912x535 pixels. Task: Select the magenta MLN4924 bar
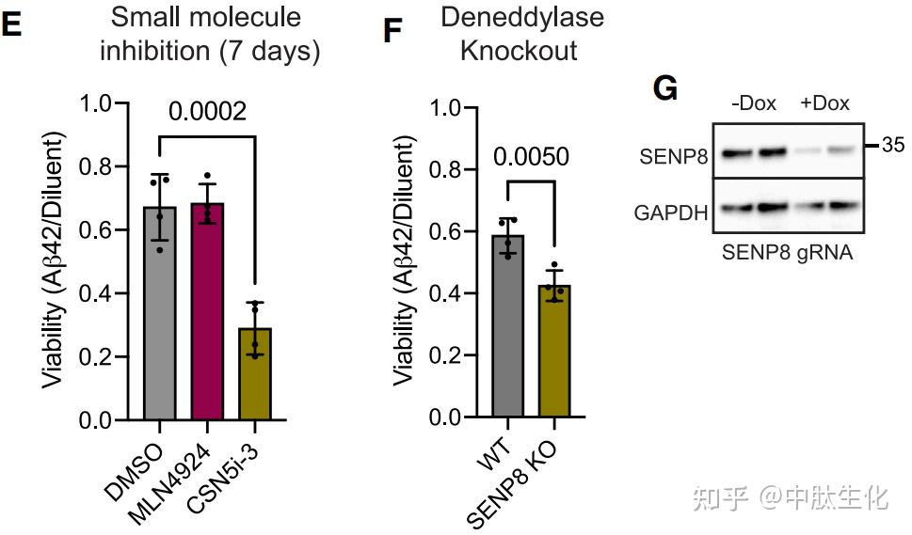pyautogui.click(x=206, y=311)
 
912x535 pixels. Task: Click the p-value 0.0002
pyautogui.click(x=207, y=112)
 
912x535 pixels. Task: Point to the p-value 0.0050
pyautogui.click(x=532, y=156)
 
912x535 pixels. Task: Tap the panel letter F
pyautogui.click(x=393, y=32)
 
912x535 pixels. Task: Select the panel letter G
pyautogui.click(x=664, y=89)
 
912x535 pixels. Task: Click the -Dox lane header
pyautogui.click(x=754, y=103)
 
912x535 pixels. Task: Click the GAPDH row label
pyautogui.click(x=671, y=212)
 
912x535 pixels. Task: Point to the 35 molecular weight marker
pyautogui.click(x=894, y=146)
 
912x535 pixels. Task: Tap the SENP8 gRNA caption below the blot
pyautogui.click(x=787, y=252)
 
